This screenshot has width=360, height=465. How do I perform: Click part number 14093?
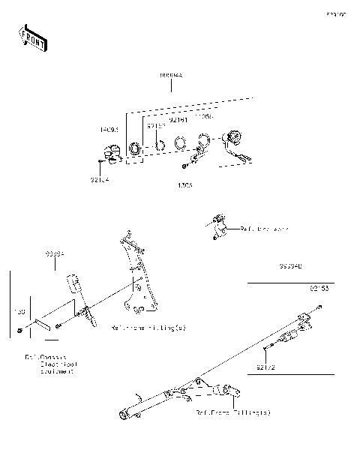(109, 130)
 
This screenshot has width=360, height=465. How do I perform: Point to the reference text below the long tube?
(233, 412)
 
